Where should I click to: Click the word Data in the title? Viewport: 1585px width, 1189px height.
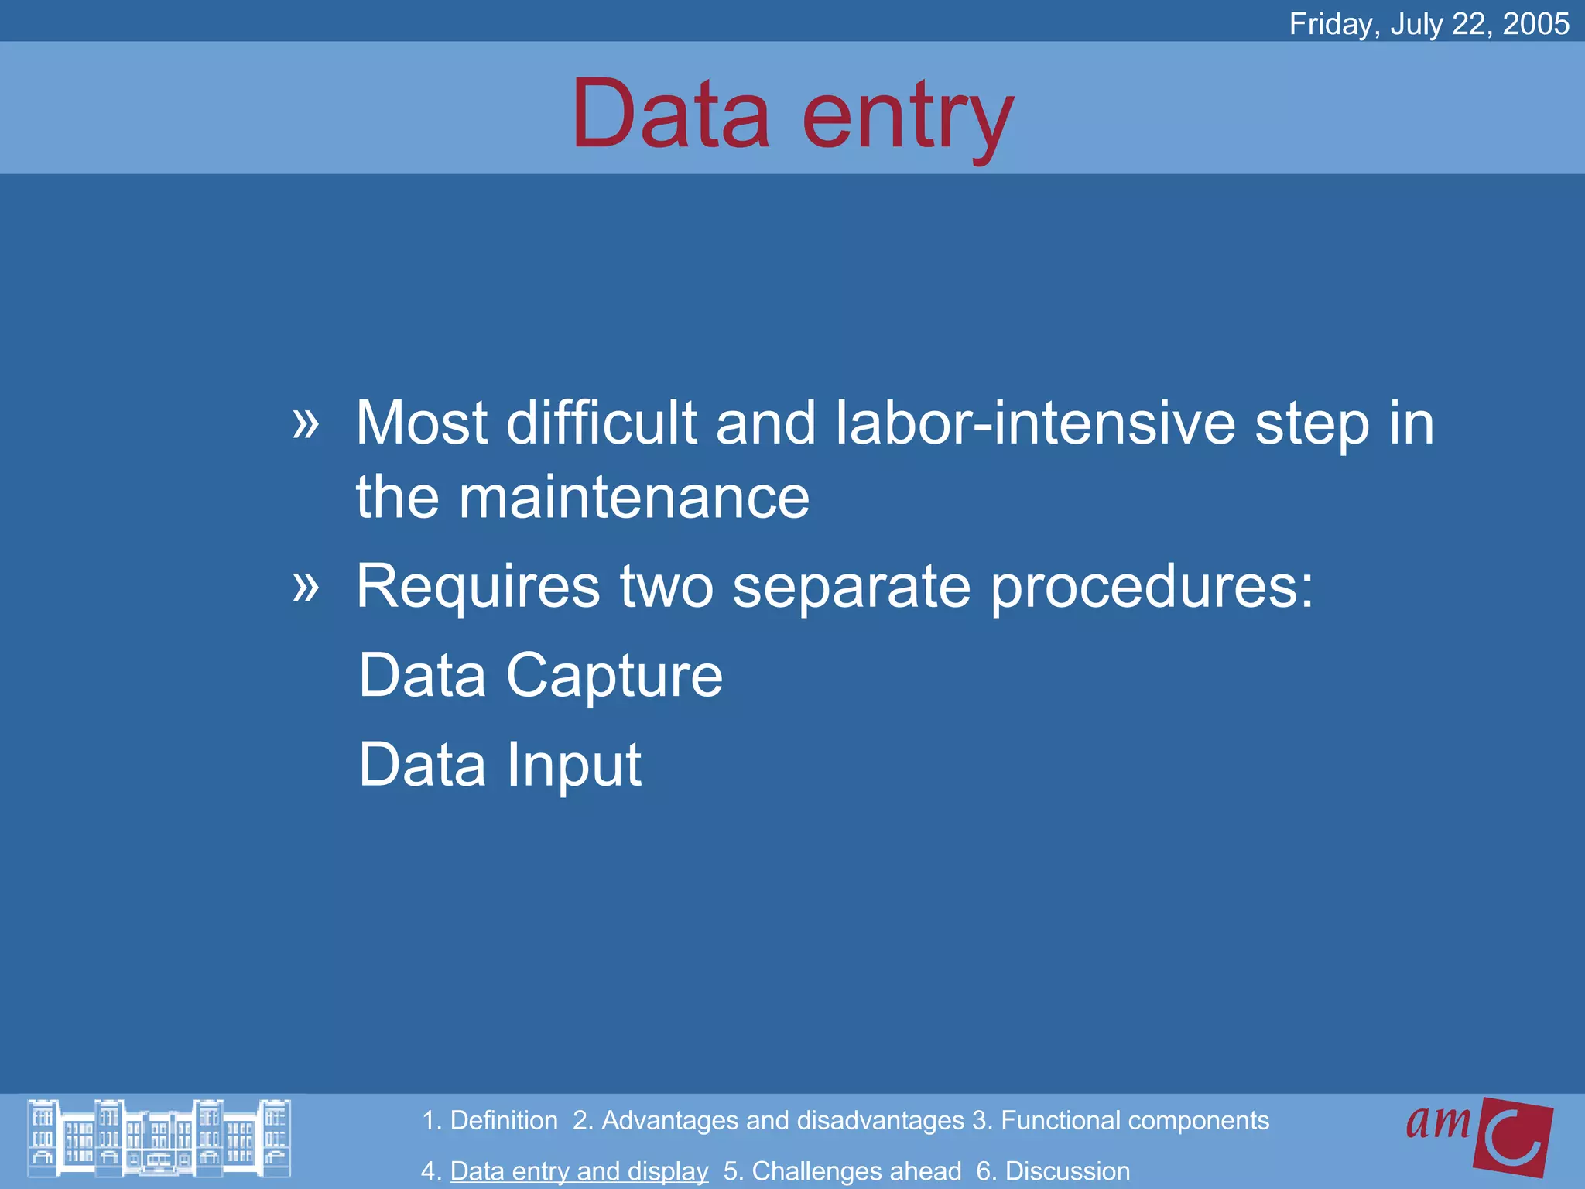click(x=670, y=115)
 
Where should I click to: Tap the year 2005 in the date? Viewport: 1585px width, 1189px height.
click(x=1535, y=24)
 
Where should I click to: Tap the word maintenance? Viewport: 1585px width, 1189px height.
click(x=633, y=497)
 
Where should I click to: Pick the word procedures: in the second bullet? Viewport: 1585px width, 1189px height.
click(x=1152, y=587)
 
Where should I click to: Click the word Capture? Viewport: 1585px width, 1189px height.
click(x=614, y=675)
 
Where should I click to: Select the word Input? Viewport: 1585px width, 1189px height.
click(x=573, y=765)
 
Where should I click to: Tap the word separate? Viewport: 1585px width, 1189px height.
click(x=851, y=587)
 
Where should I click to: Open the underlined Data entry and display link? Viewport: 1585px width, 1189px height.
click(x=579, y=1171)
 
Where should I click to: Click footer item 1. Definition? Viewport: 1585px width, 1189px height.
click(x=489, y=1120)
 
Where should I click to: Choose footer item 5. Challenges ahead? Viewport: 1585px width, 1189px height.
click(x=842, y=1171)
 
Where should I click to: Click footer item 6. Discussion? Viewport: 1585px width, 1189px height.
click(x=1053, y=1171)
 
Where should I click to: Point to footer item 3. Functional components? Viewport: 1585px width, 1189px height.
click(x=1121, y=1120)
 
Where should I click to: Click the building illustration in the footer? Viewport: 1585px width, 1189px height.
click(x=159, y=1138)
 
